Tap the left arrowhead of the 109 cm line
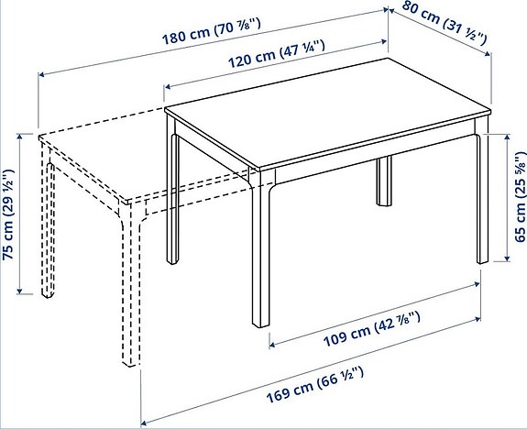(x=270, y=345)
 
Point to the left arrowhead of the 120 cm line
(x=167, y=87)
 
